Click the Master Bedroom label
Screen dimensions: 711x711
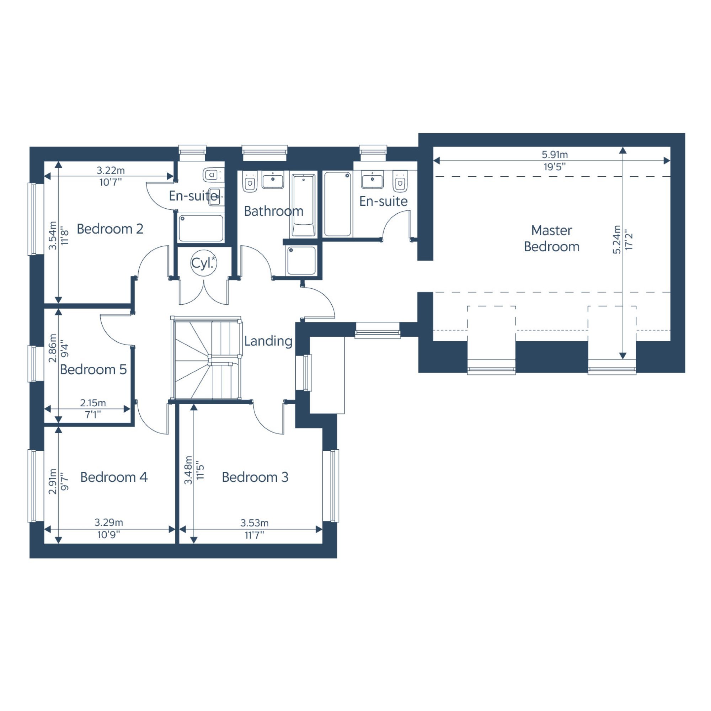pos(551,239)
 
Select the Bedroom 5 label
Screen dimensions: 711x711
pos(93,369)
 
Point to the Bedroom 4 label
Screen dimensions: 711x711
pos(114,477)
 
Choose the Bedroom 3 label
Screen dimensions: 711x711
pos(255,477)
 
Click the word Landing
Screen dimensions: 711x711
pos(268,341)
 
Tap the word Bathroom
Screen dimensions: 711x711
pos(273,211)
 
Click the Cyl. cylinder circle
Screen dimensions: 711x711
pos(203,263)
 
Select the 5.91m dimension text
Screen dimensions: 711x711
pos(555,155)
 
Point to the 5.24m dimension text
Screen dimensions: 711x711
pos(617,240)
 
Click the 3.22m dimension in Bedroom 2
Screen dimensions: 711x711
pos(111,170)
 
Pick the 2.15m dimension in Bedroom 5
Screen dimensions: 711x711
pos(93,403)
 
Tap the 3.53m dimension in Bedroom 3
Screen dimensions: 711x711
pos(254,523)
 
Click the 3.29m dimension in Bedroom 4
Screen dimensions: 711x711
pos(109,523)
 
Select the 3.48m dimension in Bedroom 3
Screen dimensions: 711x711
pos(188,470)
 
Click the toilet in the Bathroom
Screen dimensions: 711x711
pos(250,182)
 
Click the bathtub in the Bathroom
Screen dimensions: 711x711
pos(303,205)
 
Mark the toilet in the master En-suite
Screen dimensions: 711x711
pos(400,181)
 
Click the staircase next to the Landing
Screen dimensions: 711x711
pos(207,359)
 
